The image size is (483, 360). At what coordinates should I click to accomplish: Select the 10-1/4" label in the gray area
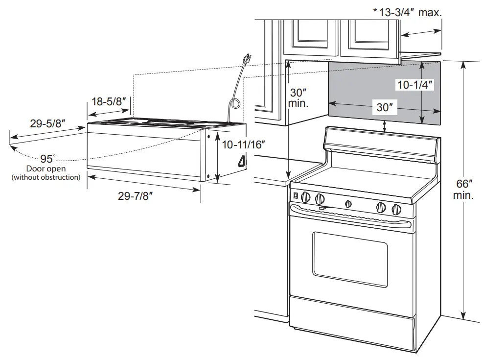point(415,85)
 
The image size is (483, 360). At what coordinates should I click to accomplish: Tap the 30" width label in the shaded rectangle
point(385,107)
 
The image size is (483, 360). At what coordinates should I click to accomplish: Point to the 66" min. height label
point(463,190)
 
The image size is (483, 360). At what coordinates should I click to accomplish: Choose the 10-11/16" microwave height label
point(243,144)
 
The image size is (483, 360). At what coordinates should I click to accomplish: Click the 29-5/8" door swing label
point(47,124)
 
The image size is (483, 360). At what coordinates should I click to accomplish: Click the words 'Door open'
point(46,169)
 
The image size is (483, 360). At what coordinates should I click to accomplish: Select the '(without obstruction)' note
point(46,177)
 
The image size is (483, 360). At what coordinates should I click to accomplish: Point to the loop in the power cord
point(234,104)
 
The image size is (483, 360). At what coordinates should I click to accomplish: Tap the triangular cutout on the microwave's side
point(242,160)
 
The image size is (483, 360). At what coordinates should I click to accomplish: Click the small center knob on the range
point(348,203)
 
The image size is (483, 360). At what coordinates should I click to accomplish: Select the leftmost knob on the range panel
point(306,197)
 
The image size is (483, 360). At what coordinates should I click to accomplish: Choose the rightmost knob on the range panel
point(395,209)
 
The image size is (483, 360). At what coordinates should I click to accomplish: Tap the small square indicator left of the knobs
point(295,196)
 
